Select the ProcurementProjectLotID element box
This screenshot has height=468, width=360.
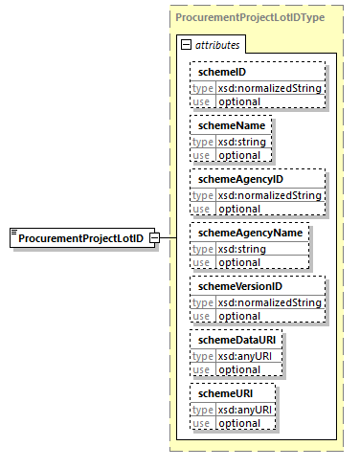[82, 237]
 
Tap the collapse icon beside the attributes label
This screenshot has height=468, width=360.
[187, 45]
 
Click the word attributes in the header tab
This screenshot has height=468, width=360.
[218, 45]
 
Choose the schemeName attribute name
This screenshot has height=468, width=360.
[227, 125]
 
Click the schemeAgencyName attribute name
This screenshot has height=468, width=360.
[246, 233]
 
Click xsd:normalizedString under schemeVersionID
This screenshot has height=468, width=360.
[269, 303]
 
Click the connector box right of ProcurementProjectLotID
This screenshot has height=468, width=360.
[168, 238]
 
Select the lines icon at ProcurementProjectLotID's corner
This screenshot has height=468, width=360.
[14, 233]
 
